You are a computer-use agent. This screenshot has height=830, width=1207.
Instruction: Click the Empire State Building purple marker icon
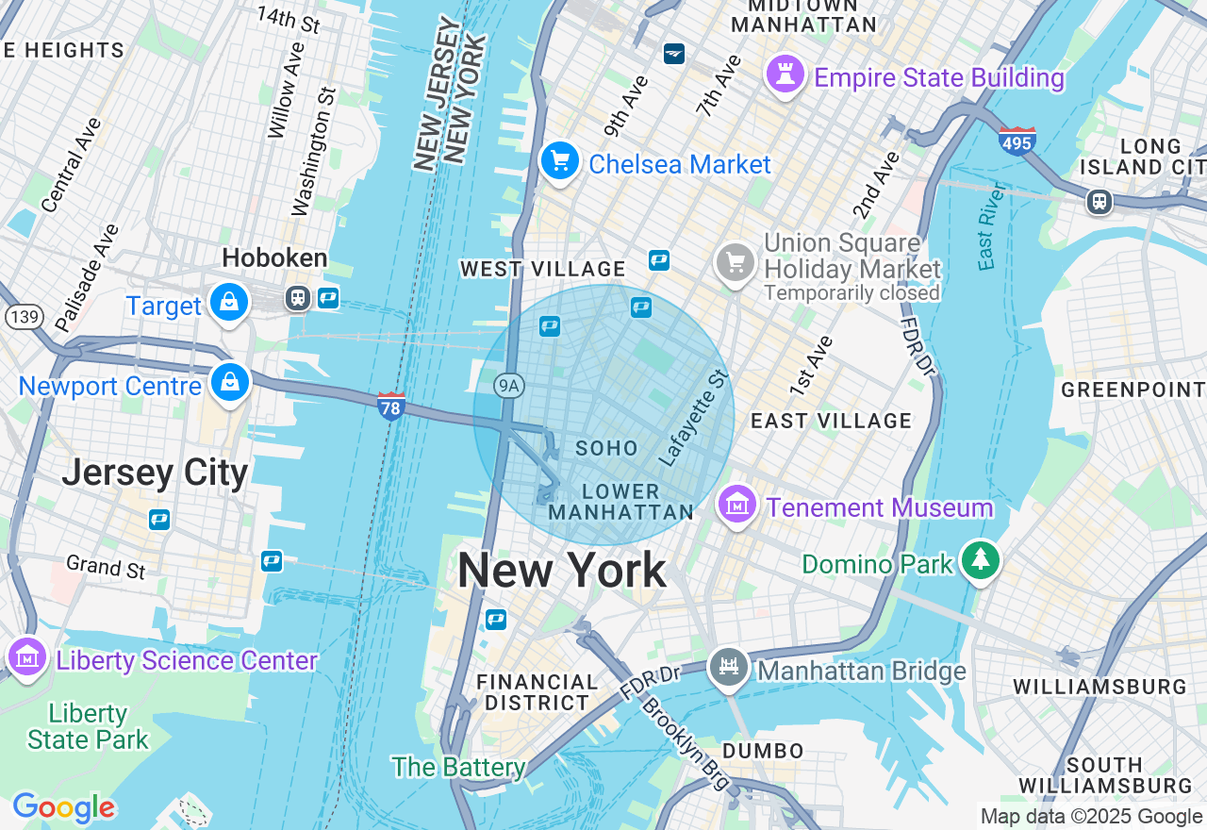click(785, 75)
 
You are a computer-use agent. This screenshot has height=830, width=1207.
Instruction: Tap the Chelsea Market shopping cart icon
click(559, 161)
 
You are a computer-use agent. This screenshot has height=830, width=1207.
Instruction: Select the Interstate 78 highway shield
click(391, 407)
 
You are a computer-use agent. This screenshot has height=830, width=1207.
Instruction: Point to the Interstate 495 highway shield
click(1017, 141)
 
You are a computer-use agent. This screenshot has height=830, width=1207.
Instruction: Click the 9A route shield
click(509, 385)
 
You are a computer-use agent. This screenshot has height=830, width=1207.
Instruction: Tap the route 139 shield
click(23, 316)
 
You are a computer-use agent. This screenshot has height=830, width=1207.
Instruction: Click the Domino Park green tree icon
click(981, 560)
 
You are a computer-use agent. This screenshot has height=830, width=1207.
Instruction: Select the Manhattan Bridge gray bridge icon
click(728, 668)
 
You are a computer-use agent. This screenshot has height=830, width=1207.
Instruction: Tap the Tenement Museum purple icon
click(736, 505)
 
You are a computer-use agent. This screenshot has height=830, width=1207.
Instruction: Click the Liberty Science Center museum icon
click(26, 657)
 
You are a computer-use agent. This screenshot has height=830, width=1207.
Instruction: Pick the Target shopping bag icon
click(229, 303)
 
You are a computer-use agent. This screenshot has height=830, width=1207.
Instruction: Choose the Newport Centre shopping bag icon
click(230, 383)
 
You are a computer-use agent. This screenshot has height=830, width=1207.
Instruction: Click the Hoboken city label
click(274, 258)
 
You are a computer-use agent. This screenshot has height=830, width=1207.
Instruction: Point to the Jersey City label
click(155, 473)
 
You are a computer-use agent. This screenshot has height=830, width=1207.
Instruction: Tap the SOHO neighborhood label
click(606, 448)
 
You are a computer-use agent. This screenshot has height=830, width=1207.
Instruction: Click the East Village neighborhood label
click(831, 421)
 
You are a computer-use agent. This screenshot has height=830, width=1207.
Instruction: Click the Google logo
click(63, 807)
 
